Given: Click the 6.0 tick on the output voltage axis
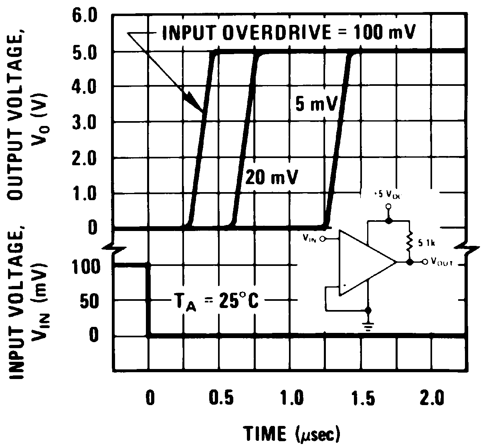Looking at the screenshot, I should click(85, 17).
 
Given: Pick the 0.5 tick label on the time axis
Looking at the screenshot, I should click(220, 399).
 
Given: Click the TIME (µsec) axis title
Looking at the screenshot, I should click(292, 433).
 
